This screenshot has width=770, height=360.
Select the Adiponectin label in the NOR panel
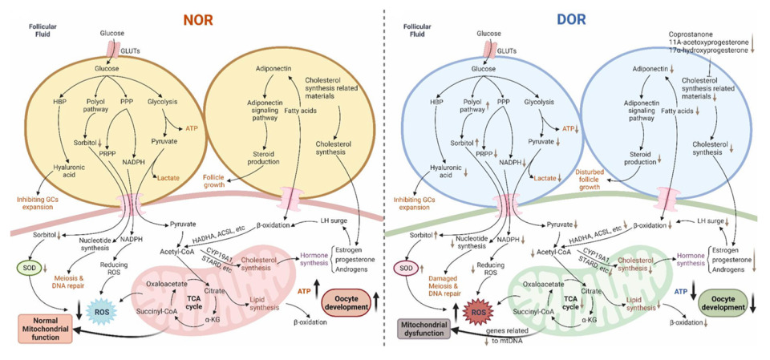[272, 70]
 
